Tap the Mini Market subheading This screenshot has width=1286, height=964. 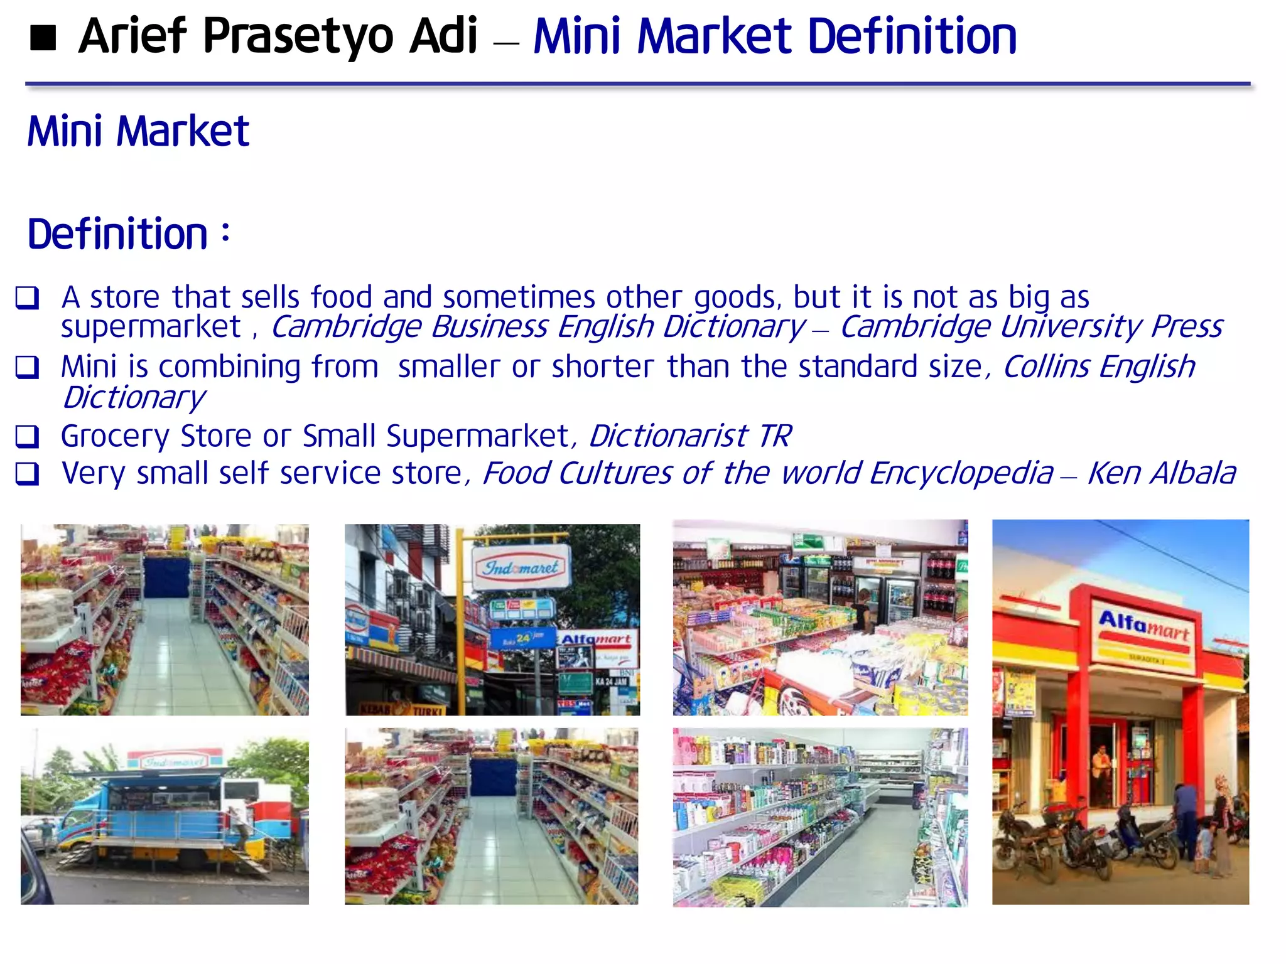click(x=138, y=132)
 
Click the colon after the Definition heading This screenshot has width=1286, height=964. click(x=225, y=232)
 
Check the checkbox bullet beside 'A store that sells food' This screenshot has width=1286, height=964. click(x=28, y=297)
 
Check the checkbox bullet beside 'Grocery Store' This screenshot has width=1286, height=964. click(x=28, y=436)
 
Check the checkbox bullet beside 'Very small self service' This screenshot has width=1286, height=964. click(x=28, y=474)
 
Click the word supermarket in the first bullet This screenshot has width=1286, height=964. click(x=151, y=327)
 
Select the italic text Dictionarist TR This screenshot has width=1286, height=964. click(x=689, y=436)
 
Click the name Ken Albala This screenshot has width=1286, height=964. click(x=1161, y=473)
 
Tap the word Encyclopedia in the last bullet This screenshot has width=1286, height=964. click(x=961, y=473)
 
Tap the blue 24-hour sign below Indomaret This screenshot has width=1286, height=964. click(x=522, y=638)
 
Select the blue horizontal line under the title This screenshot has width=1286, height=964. click(x=637, y=83)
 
